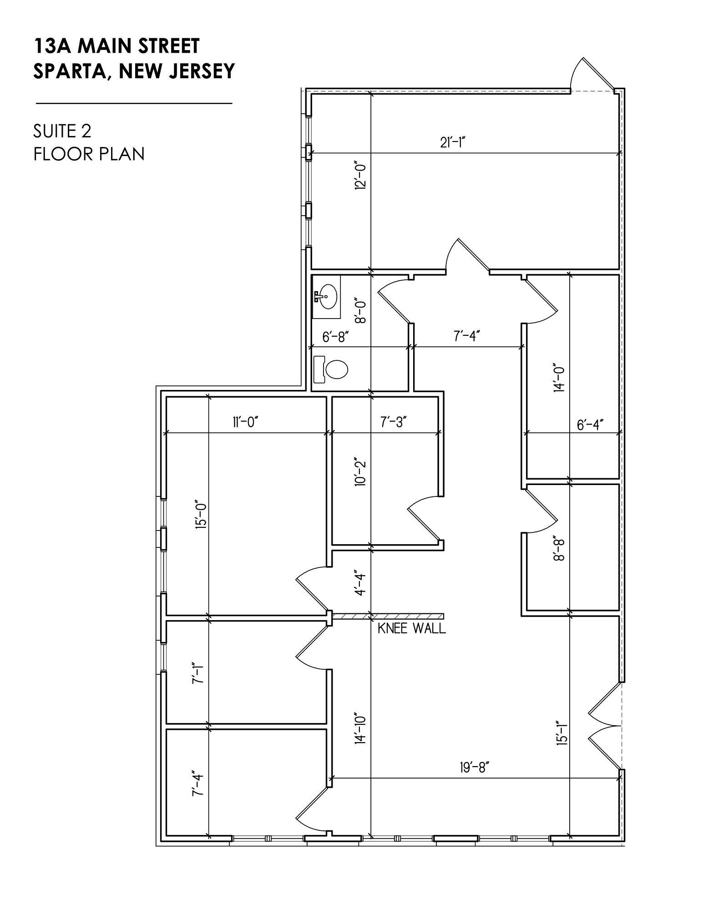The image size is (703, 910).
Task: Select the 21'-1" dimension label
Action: coord(454,143)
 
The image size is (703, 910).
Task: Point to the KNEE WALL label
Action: coord(411,629)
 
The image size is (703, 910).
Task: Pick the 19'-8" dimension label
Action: coord(475,768)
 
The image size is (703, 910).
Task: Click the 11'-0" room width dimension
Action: coord(245,422)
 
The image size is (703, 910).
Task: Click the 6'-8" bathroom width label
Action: coord(335,337)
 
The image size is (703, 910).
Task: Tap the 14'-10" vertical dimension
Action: coord(361,728)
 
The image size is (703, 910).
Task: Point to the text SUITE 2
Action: coord(62,131)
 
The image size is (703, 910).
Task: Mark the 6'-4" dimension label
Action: coord(590,425)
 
